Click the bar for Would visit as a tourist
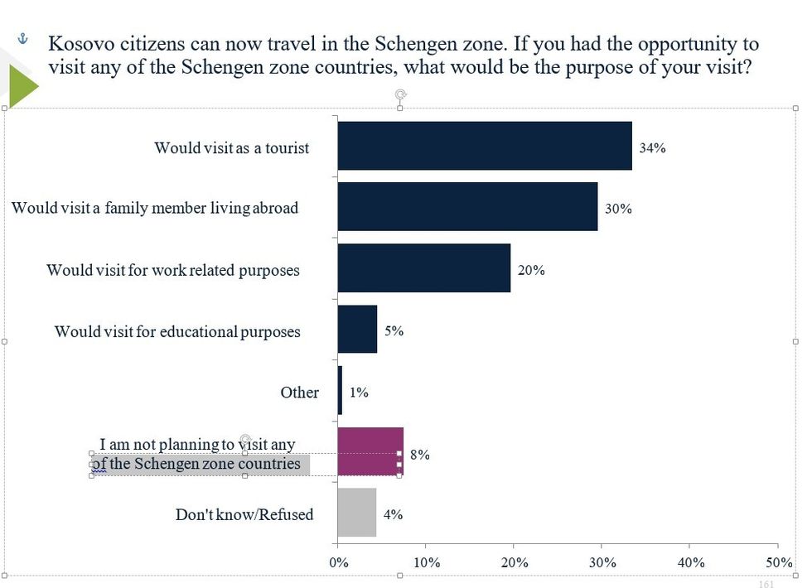pyautogui.click(x=485, y=146)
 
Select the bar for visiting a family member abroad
pyautogui.click(x=467, y=207)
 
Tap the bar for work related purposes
pyautogui.click(x=423, y=268)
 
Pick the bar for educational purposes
pyautogui.click(x=357, y=330)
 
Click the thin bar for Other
pyautogui.click(x=340, y=391)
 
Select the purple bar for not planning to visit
pyautogui.click(x=370, y=451)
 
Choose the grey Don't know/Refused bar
pyautogui.click(x=357, y=513)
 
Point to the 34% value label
pyautogui.click(x=652, y=148)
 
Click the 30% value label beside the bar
pyautogui.click(x=618, y=209)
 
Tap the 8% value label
pyautogui.click(x=419, y=454)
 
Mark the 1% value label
pyautogui.click(x=358, y=393)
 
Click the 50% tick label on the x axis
pyautogui.click(x=778, y=562)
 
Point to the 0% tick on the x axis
pyautogui.click(x=338, y=562)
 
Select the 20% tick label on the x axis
pyautogui.click(x=514, y=562)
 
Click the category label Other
pyautogui.click(x=299, y=393)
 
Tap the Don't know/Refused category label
pyautogui.click(x=244, y=514)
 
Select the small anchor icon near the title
pyautogui.click(x=23, y=39)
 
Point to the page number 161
pyautogui.click(x=766, y=585)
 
